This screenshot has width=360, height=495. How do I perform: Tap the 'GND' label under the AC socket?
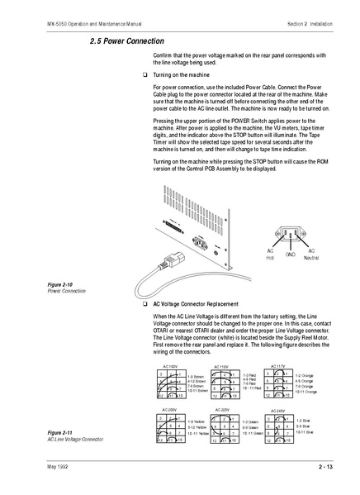click(290, 255)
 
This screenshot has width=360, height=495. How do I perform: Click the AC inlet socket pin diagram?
click(290, 234)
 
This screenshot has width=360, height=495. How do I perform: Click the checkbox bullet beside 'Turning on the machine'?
click(145, 74)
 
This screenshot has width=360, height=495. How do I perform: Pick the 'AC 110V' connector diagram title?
click(221, 366)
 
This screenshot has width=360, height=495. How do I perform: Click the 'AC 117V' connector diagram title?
click(277, 364)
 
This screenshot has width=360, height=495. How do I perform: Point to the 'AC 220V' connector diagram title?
click(222, 409)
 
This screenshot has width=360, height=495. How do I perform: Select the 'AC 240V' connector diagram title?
click(277, 409)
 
